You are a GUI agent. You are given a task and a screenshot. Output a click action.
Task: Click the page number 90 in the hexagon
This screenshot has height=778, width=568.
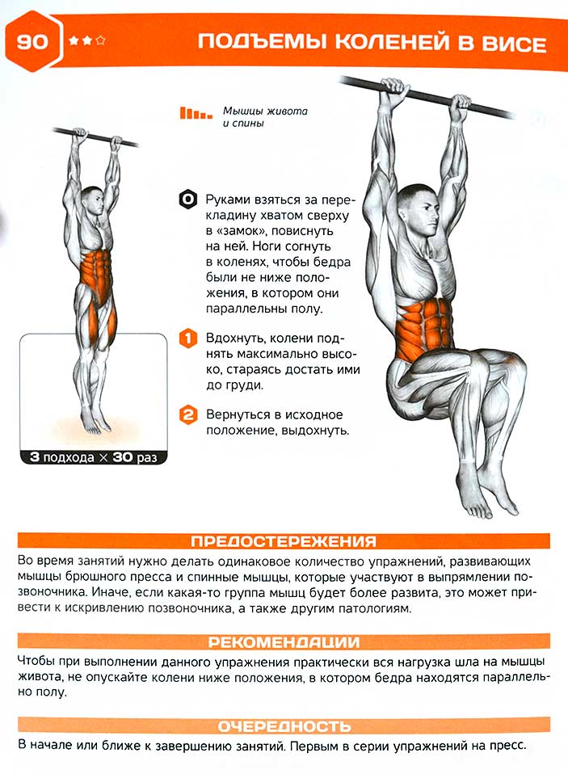(x=32, y=41)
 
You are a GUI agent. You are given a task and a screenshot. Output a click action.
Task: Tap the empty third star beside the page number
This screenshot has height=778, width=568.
(x=101, y=40)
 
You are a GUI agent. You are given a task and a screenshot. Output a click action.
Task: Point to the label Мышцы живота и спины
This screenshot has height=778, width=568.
(x=265, y=116)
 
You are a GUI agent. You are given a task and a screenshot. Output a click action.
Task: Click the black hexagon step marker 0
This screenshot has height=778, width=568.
(x=187, y=200)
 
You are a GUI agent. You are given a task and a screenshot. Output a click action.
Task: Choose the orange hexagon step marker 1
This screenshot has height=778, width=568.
(x=188, y=339)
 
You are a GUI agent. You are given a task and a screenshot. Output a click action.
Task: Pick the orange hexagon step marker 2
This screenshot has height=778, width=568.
(x=188, y=414)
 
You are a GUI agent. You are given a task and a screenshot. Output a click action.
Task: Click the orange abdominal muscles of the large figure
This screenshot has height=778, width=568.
(x=423, y=326)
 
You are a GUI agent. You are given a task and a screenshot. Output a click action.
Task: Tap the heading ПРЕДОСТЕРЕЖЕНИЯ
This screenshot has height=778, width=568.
(x=284, y=540)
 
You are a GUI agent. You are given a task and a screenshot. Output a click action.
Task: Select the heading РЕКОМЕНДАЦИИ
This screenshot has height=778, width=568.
(x=284, y=642)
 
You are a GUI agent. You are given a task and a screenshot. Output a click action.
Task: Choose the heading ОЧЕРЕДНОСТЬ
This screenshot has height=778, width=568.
(x=284, y=726)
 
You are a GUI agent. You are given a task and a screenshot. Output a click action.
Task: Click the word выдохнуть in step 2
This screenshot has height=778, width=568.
(x=315, y=431)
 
